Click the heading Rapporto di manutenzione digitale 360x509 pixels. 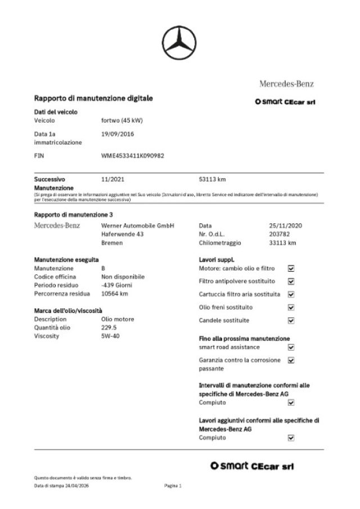pos(93,98)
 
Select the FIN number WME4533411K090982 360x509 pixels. pos(133,155)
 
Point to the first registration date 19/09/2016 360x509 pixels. pos(118,134)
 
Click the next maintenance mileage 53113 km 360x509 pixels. pos(213,179)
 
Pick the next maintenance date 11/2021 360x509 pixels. pos(112,179)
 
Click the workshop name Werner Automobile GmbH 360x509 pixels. pos(138,225)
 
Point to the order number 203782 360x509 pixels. pos(279,234)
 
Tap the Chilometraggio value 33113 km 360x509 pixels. pos(282,243)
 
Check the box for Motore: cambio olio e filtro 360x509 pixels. pos(291,268)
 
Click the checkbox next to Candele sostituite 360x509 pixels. pos(291,321)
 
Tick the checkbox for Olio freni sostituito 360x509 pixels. pos(291,308)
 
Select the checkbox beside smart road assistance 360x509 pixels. pos(291,348)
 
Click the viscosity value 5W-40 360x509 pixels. pos(110,336)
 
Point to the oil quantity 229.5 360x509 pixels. pos(109,327)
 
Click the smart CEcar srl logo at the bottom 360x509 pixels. pos(251,466)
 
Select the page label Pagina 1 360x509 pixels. pos(173,485)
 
